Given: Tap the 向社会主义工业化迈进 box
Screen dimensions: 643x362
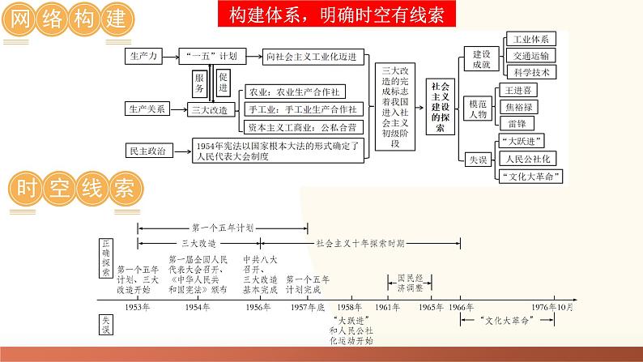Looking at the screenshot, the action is (x=315, y=57).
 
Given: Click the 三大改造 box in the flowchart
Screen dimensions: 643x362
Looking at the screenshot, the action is (x=207, y=109).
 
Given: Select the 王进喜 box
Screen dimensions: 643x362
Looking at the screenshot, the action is (x=518, y=90).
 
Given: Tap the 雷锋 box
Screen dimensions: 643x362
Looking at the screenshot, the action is (x=518, y=123).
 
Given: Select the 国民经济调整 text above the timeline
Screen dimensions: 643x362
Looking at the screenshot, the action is (x=410, y=282).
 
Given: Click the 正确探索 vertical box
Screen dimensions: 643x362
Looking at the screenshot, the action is (x=106, y=258).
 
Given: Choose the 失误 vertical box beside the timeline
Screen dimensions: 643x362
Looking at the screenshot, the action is (x=106, y=325).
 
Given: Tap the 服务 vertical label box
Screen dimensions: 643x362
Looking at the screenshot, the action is (x=198, y=82).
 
